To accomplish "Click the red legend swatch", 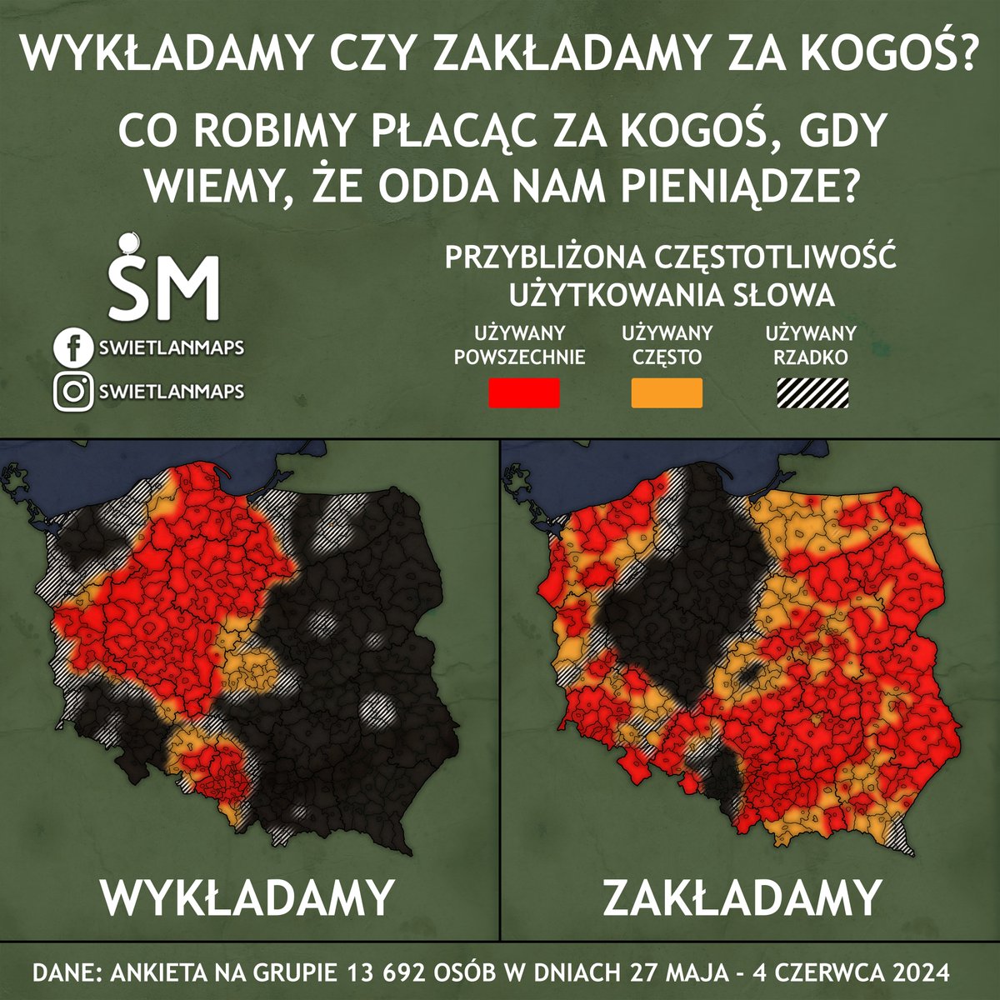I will click(523, 393).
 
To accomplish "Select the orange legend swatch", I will click(667, 393).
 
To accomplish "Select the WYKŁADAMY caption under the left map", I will click(247, 897).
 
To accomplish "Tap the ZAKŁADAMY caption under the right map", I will click(741, 897).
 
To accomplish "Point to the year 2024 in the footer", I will click(920, 972).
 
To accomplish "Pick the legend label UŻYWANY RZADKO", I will click(811, 346).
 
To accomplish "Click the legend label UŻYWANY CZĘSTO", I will click(667, 346).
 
